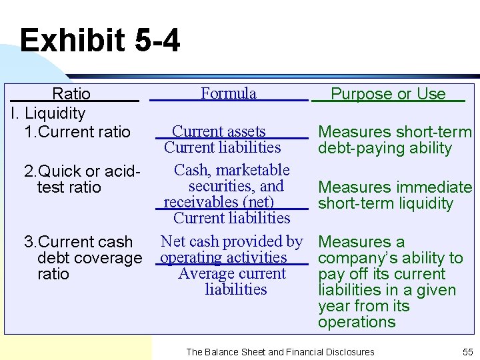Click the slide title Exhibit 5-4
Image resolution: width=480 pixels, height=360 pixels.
point(100,41)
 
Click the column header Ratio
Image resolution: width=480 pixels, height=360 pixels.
point(71,94)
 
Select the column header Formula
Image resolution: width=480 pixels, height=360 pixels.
point(229,93)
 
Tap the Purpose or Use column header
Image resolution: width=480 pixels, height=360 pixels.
point(388,94)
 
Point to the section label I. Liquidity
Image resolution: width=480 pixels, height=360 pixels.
point(48,113)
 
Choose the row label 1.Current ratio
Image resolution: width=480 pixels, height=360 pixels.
point(77,132)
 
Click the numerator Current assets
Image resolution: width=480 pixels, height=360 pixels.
point(219,132)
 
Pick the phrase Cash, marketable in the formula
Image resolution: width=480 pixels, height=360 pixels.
point(232,170)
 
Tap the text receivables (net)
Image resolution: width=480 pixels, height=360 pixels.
point(219,202)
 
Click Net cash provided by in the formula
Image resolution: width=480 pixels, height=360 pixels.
point(232,241)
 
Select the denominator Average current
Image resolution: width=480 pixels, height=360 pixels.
point(232,273)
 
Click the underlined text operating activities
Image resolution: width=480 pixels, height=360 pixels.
point(223,257)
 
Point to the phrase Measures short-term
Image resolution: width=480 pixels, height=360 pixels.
point(395,132)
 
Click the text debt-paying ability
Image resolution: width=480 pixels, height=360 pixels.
point(385,148)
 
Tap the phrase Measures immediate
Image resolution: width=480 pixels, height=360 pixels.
point(395,187)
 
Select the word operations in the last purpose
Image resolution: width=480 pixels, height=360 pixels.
point(357,322)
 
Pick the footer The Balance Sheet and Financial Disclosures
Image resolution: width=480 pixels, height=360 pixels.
point(280,351)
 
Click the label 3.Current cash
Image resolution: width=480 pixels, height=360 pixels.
point(78,242)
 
